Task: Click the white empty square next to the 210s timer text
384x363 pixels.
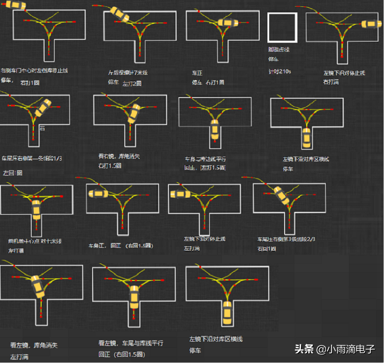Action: pyautogui.click(x=282, y=27)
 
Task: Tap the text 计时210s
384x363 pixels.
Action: pyautogui.click(x=280, y=71)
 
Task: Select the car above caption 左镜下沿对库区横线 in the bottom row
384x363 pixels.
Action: pyautogui.click(x=227, y=313)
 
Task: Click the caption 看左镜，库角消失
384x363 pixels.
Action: pyautogui.click(x=34, y=345)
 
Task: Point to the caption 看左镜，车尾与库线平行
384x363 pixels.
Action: pyautogui.click(x=131, y=343)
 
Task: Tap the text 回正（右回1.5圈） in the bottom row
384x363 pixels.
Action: pyautogui.click(x=121, y=354)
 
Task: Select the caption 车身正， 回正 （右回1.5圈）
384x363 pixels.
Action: pyautogui.click(x=120, y=245)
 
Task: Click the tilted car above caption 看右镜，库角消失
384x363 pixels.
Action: pyautogui.click(x=135, y=113)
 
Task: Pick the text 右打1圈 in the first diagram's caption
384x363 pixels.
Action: pyautogui.click(x=30, y=83)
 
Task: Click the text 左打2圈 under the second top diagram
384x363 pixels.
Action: pyautogui.click(x=132, y=84)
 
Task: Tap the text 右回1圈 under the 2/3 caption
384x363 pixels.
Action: pyautogui.click(x=266, y=249)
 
